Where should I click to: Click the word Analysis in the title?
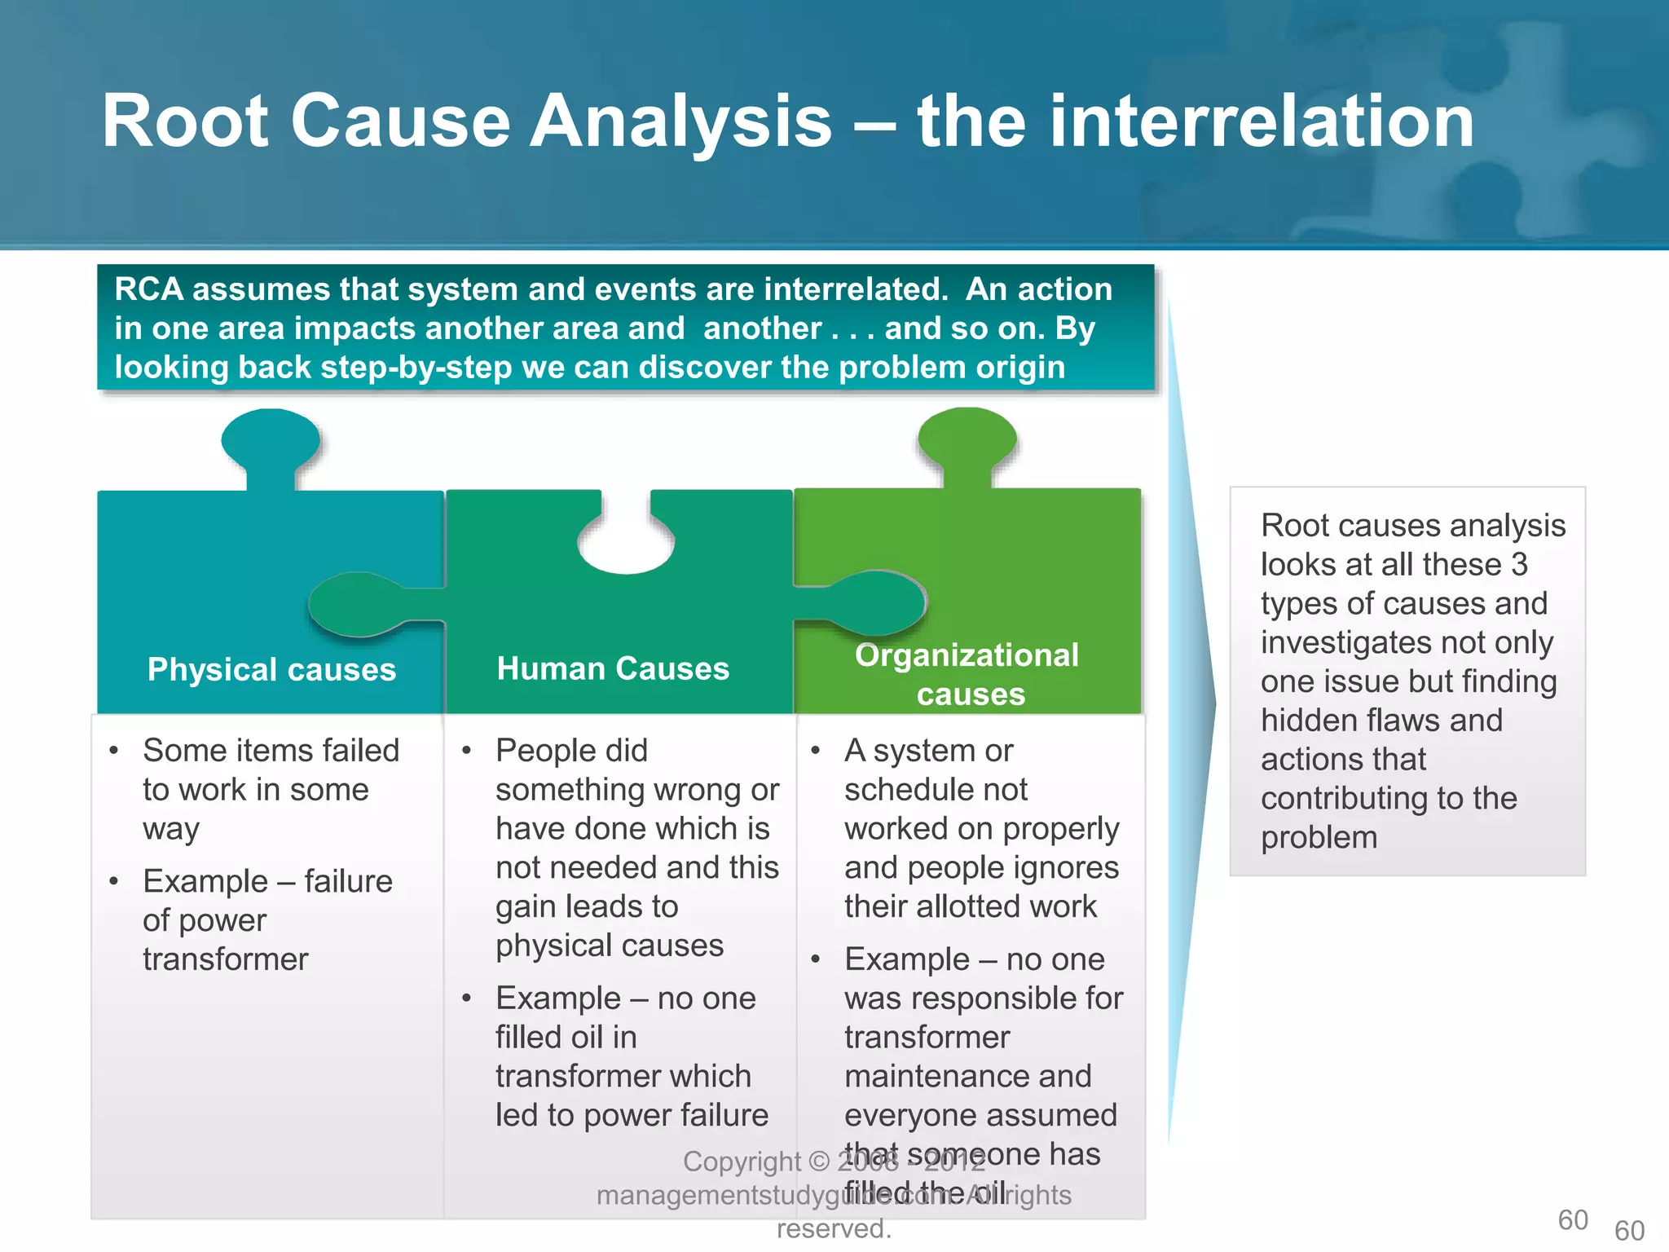[x=680, y=122]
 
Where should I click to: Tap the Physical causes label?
[x=271, y=669]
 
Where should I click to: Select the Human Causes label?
[x=613, y=668]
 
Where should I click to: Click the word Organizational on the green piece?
[x=967, y=655]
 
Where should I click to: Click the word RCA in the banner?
[x=148, y=289]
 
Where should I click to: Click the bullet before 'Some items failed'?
[x=114, y=751]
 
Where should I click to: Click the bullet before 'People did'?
[x=467, y=751]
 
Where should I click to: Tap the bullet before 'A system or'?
[x=815, y=751]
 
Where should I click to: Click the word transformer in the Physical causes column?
[x=226, y=959]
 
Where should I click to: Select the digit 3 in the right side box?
[x=1519, y=565]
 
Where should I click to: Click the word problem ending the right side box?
[x=1319, y=838]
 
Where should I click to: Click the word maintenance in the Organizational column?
[x=967, y=1077]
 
